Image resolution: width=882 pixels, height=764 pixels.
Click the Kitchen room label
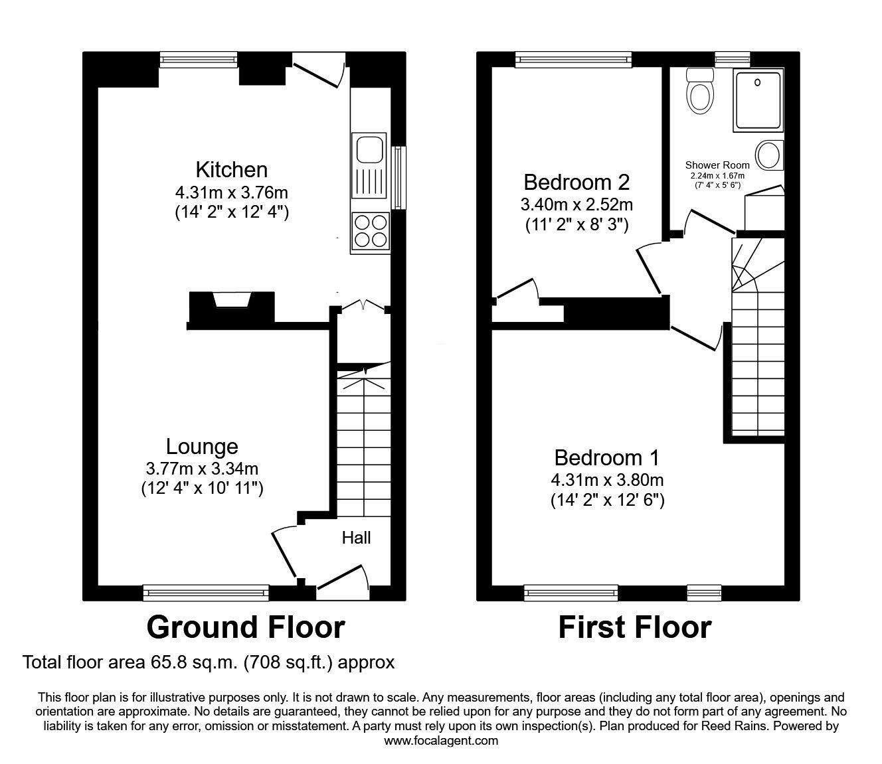point(231,169)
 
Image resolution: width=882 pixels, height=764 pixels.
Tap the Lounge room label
point(202,447)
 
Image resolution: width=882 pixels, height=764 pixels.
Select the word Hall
point(356,538)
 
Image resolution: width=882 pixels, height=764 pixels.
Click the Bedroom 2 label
point(576,182)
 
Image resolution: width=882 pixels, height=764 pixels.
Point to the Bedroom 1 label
point(607,458)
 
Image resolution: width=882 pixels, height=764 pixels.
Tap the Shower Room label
point(717,165)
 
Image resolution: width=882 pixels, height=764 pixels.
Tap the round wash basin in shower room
point(769,155)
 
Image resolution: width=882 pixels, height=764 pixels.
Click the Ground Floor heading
point(245,627)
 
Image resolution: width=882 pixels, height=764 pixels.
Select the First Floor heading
point(634,627)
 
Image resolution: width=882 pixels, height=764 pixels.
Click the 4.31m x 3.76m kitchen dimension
point(231,193)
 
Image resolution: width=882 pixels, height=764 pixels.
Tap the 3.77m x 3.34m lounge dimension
point(202,469)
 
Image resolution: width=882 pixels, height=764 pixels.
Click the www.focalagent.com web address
point(441,741)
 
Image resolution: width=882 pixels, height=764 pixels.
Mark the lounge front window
point(206,592)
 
